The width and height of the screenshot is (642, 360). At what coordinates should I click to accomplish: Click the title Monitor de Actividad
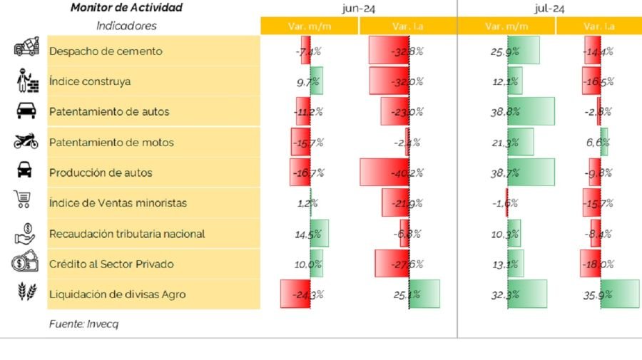pyautogui.click(x=126, y=8)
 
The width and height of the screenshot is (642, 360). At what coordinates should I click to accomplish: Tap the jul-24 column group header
pyautogui.click(x=549, y=8)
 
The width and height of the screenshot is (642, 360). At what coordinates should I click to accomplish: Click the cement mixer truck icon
pyautogui.click(x=26, y=48)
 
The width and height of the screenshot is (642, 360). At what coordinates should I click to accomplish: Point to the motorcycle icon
pyautogui.click(x=26, y=142)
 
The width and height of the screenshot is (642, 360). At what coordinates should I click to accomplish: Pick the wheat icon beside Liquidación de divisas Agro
pyautogui.click(x=26, y=292)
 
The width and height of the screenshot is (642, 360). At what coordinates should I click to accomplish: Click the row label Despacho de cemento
pyautogui.click(x=106, y=51)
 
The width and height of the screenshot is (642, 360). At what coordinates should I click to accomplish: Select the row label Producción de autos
pyautogui.click(x=101, y=173)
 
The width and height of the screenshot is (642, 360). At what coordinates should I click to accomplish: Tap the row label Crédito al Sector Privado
pyautogui.click(x=111, y=264)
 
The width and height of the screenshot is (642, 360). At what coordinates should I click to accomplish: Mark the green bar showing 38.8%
pyautogui.click(x=531, y=112)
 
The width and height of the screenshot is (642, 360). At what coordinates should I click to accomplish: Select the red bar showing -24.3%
pyautogui.click(x=295, y=294)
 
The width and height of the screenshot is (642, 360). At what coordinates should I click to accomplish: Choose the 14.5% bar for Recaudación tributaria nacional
pyautogui.click(x=318, y=233)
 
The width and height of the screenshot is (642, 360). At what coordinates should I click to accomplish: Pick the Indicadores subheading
pyautogui.click(x=126, y=26)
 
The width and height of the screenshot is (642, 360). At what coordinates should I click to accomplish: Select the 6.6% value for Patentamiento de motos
pyautogui.click(x=598, y=143)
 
